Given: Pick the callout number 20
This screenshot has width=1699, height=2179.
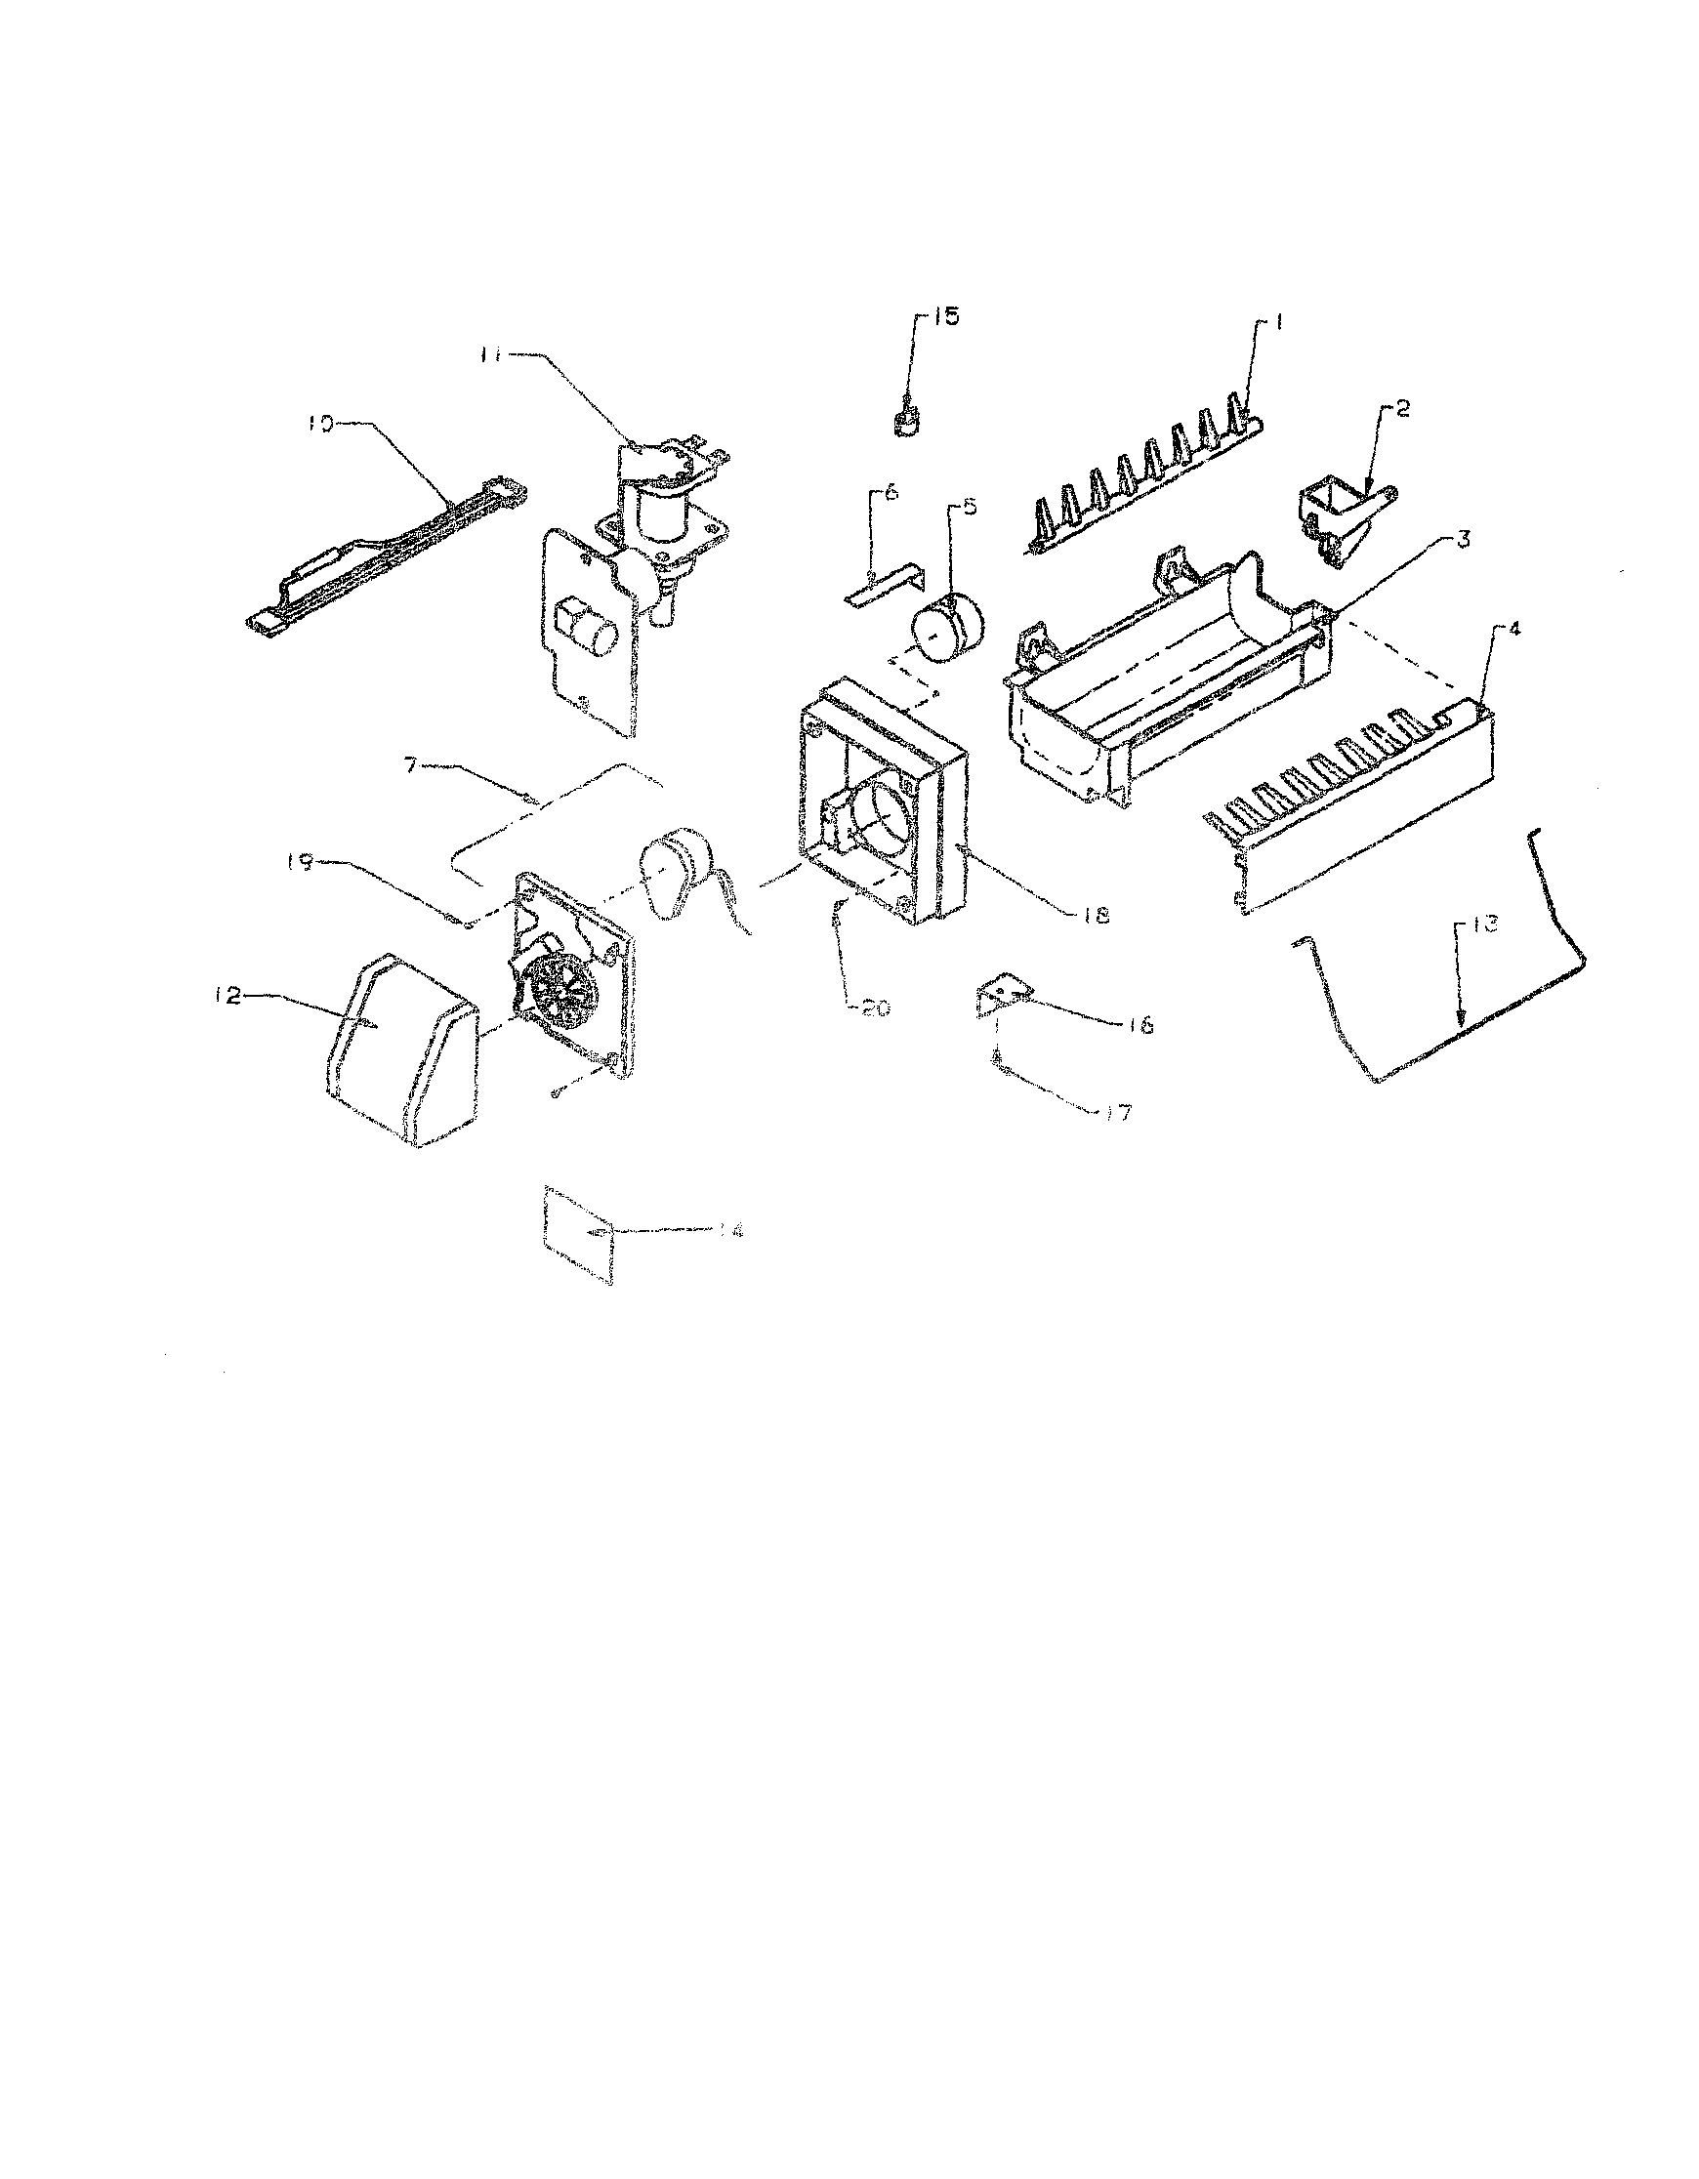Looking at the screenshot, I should [875, 1007].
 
